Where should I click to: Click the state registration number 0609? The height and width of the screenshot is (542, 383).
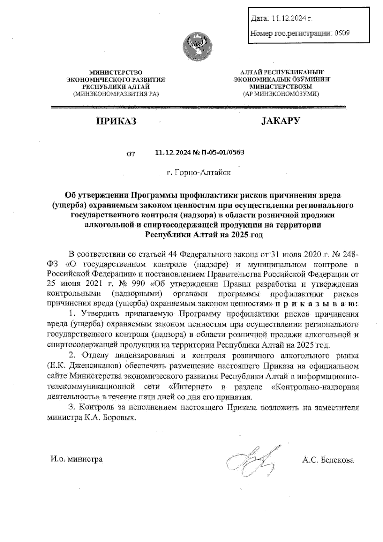click(342, 33)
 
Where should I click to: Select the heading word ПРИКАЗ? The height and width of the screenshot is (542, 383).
click(116, 121)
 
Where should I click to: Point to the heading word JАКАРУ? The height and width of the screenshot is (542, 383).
click(281, 121)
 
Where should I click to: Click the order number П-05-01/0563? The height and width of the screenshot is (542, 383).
click(223, 153)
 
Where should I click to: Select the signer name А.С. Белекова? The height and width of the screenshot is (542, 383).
click(328, 460)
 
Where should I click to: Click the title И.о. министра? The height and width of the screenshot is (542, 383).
click(77, 459)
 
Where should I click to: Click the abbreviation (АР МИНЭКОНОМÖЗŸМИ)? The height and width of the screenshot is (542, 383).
click(281, 94)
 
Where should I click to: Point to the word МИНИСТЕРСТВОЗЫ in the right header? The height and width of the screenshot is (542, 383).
click(281, 87)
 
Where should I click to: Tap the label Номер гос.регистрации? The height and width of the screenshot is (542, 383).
click(291, 33)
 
